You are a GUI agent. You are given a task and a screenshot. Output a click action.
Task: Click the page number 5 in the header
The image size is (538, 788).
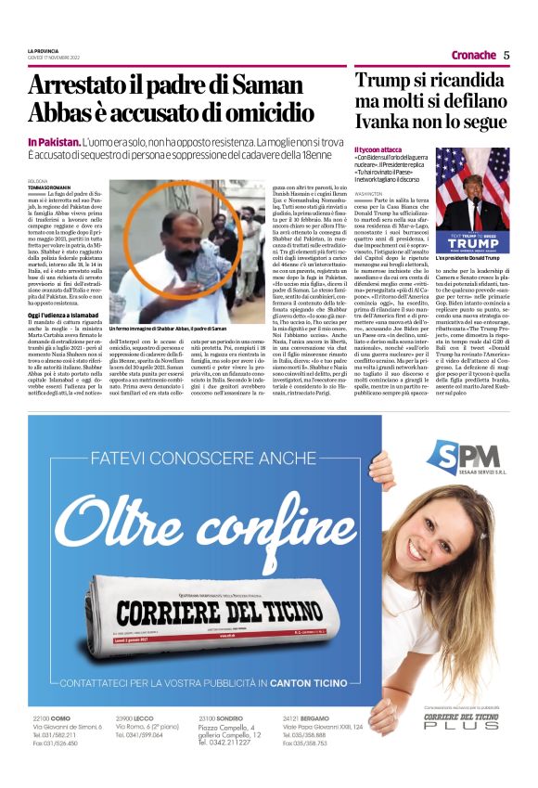tap(506, 55)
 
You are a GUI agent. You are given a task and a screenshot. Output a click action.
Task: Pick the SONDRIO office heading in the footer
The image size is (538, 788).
tap(227, 719)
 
